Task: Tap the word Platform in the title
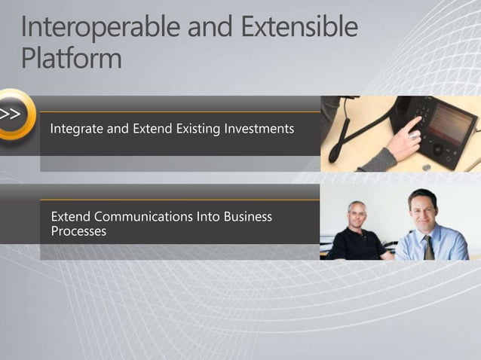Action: coord(71,59)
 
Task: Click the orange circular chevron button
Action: coord(14,115)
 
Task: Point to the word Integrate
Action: coord(78,130)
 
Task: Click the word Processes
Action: coord(78,231)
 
